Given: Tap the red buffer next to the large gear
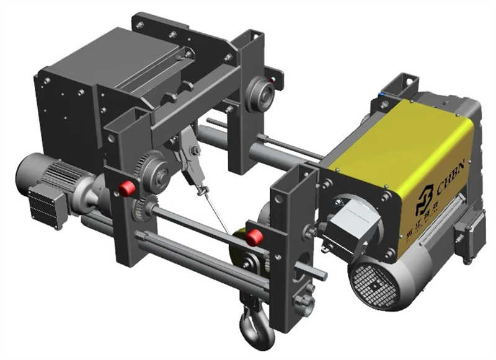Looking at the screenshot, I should coord(127,188).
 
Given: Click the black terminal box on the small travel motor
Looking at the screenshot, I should coord(45,201).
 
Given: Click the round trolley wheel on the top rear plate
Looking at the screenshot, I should coord(260,94).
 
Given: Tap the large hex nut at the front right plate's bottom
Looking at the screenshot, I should coord(303,302).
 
